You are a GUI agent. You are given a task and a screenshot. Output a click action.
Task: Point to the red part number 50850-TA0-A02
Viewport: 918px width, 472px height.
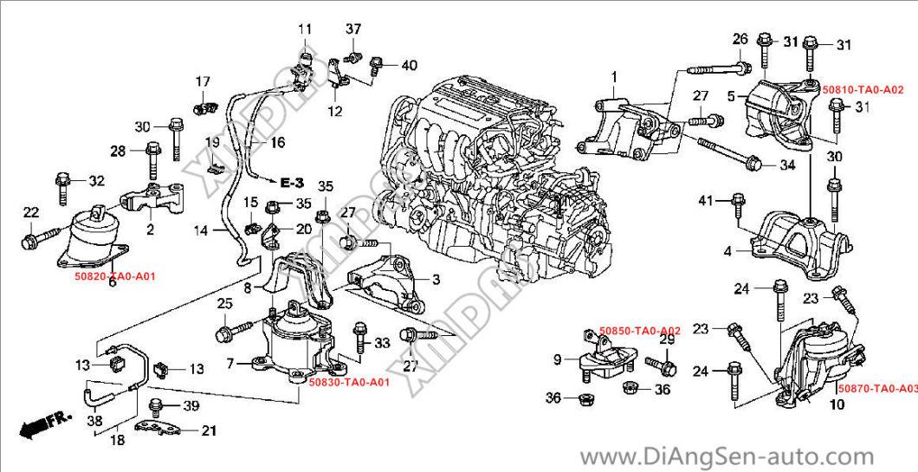tap(640, 331)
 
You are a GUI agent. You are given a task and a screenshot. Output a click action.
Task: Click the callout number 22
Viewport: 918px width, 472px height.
tap(30, 213)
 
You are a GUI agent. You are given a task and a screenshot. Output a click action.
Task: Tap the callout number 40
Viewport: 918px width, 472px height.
tap(410, 65)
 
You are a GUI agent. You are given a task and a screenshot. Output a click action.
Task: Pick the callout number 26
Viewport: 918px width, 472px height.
tap(740, 38)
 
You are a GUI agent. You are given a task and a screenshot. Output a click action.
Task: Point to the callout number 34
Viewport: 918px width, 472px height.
tap(785, 165)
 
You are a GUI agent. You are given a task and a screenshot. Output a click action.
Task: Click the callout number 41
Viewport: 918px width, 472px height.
tap(706, 201)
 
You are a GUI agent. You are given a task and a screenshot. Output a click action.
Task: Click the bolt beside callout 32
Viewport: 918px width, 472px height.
tap(65, 183)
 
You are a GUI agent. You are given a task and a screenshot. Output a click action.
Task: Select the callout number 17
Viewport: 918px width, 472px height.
tap(203, 82)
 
